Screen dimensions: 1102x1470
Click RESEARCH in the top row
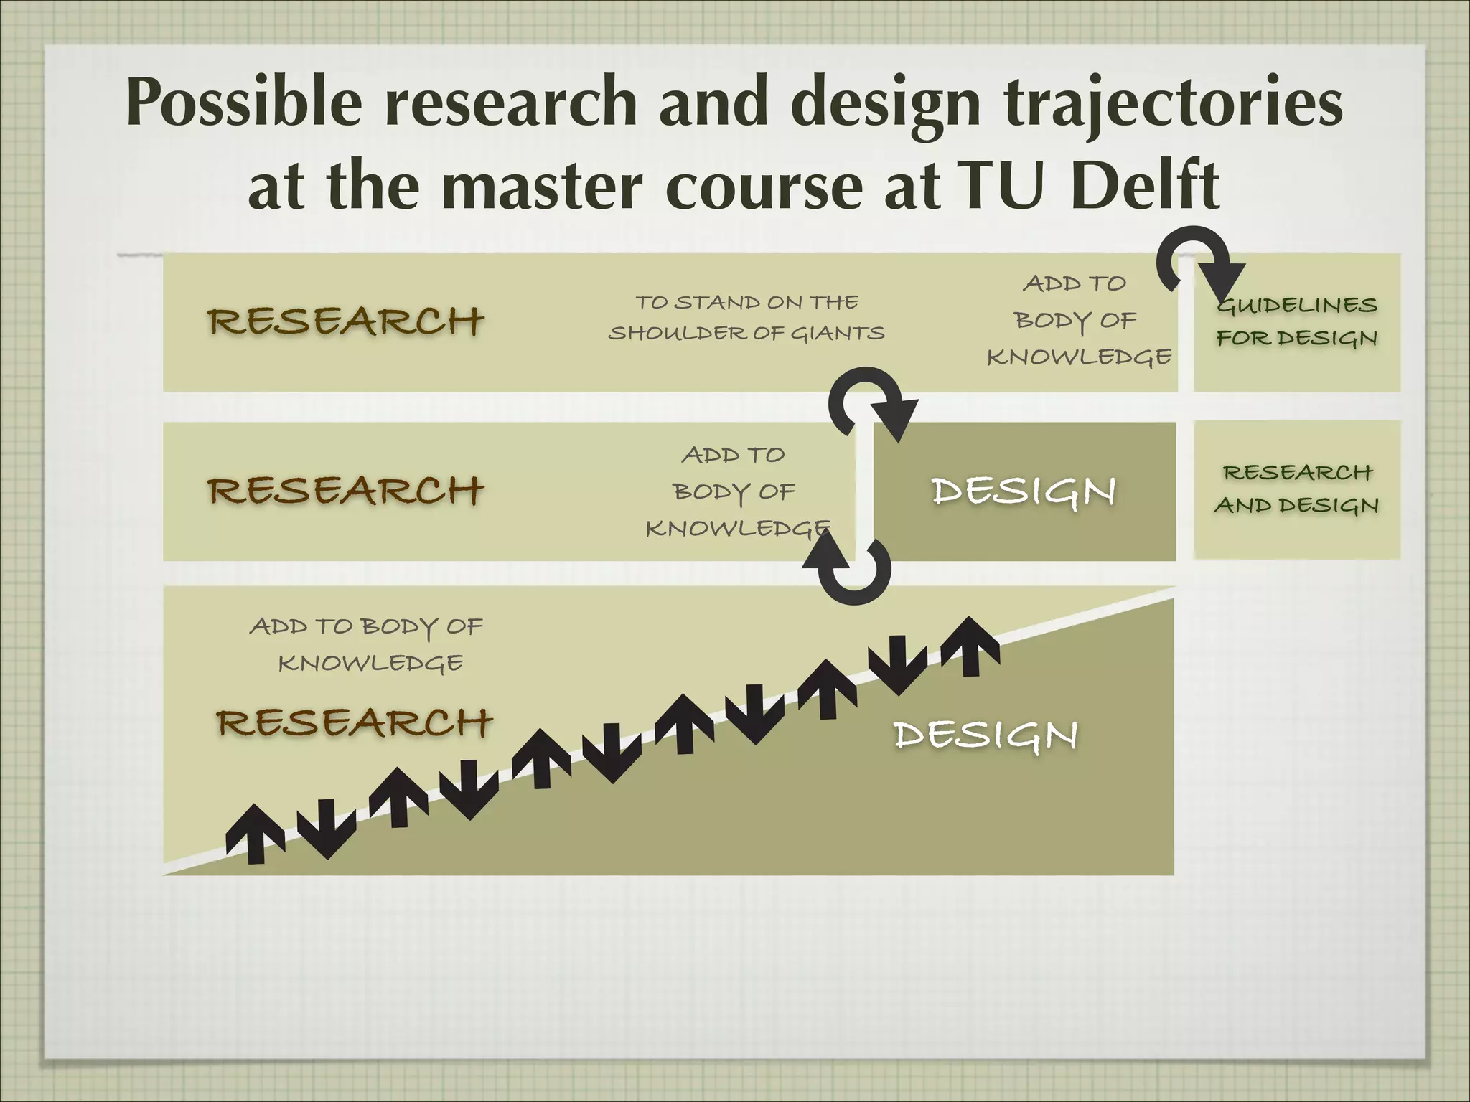(346, 321)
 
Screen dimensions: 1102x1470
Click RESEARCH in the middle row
(346, 491)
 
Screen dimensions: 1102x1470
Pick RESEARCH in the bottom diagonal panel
(355, 722)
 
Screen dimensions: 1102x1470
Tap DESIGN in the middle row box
(1023, 491)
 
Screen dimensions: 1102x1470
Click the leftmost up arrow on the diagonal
(256, 832)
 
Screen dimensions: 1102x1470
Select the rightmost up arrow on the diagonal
(970, 646)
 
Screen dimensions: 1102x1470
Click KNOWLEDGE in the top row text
(1079, 357)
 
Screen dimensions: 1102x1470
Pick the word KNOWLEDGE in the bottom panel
(370, 663)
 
